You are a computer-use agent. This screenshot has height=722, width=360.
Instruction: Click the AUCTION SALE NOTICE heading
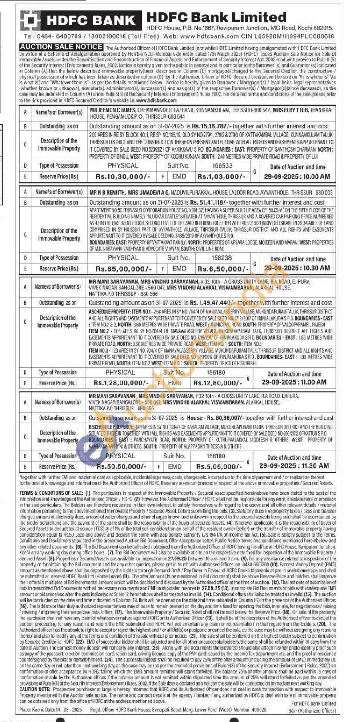point(61,47)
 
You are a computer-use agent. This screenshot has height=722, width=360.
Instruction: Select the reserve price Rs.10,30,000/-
point(123,176)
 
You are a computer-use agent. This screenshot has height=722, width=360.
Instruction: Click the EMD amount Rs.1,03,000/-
point(221,176)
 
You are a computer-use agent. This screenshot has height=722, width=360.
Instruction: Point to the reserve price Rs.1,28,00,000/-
point(121,383)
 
